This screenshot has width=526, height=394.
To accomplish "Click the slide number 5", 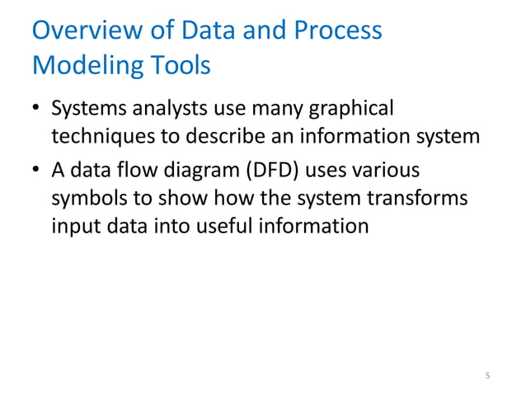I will [487, 376].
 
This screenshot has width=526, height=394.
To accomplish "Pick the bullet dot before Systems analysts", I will [36, 110].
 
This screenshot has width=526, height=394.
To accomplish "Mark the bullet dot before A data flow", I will [36, 171].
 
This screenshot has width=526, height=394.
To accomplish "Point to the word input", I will [73, 225].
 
